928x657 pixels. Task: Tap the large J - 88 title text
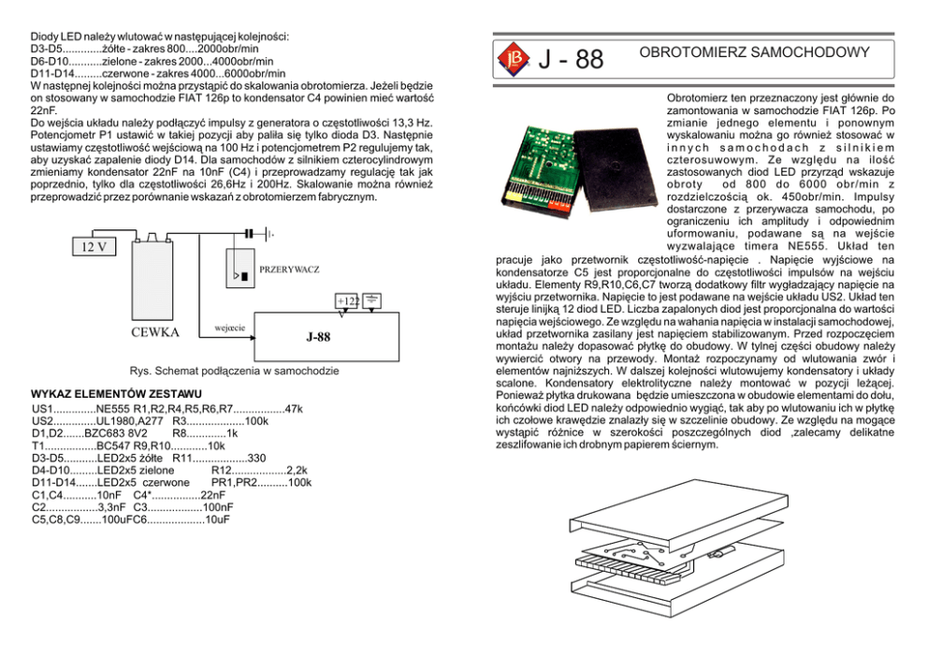[x=572, y=60]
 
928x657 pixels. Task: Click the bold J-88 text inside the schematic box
[x=318, y=338]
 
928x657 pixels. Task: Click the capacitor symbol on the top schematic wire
[x=249, y=232]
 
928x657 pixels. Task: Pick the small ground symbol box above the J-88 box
[x=371, y=299]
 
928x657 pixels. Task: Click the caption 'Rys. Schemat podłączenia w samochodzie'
[x=221, y=372]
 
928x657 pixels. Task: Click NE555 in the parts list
[x=112, y=409]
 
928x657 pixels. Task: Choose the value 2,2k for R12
[x=297, y=470]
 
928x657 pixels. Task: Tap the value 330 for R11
[x=257, y=458]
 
